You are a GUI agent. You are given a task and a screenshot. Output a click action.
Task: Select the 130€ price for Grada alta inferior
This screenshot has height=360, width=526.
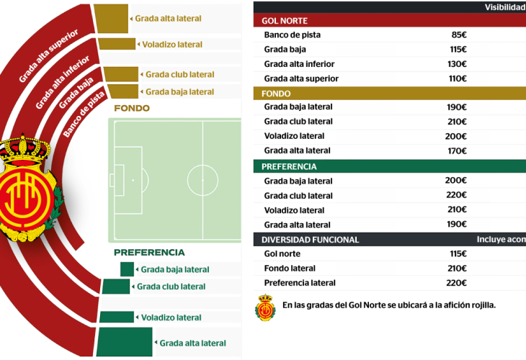[456, 64]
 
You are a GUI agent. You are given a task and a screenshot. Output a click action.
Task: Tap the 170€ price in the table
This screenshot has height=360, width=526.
[456, 151]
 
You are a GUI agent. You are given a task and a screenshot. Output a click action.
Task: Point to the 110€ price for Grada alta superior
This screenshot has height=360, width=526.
[456, 78]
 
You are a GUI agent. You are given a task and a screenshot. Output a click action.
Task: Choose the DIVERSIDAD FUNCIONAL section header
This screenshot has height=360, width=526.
[310, 240]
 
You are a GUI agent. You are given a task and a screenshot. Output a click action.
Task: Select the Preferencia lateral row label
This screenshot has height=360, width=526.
[300, 283]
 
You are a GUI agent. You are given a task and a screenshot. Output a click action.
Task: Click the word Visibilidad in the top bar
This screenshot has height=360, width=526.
[504, 7]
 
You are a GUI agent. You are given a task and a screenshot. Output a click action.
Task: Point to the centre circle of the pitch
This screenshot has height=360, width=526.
[202, 179]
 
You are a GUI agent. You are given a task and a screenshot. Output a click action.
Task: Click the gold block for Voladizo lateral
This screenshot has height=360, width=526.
[117, 45]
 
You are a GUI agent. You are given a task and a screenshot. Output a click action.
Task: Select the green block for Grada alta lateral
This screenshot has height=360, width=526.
[124, 342]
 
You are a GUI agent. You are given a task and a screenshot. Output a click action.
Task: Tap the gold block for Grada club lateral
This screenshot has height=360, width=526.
[120, 74]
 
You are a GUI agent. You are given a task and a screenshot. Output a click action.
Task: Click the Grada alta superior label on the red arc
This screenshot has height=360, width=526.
[48, 56]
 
